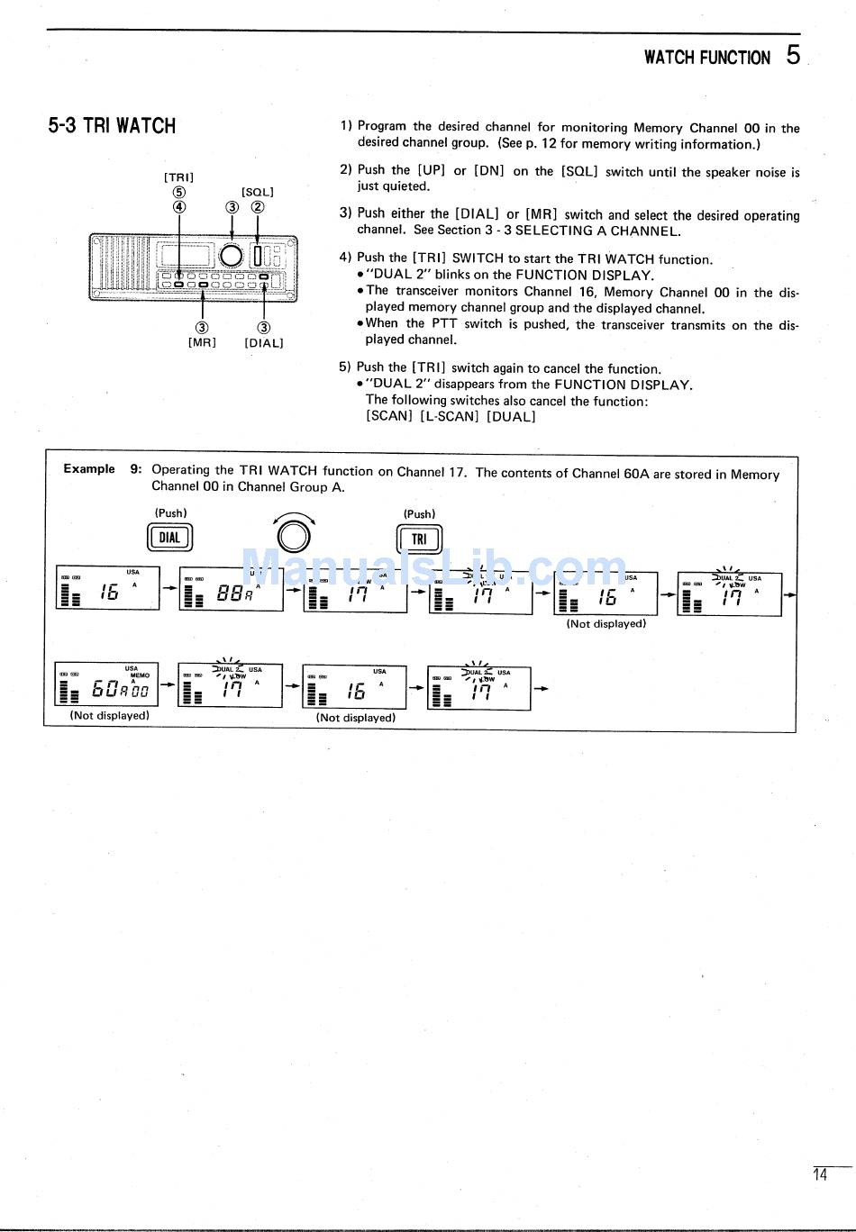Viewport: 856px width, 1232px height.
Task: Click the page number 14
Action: [819, 1174]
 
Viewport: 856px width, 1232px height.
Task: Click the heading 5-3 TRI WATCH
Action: [112, 126]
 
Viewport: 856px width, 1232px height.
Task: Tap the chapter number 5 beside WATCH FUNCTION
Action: [792, 56]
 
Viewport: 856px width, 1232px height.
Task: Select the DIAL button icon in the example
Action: [169, 539]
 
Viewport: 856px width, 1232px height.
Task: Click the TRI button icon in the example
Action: [419, 539]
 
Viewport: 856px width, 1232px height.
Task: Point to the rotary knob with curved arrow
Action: [294, 536]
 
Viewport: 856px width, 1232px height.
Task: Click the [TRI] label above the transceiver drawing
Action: [178, 177]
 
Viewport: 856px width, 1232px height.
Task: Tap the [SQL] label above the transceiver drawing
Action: [257, 192]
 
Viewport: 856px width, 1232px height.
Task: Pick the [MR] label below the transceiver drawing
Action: [202, 343]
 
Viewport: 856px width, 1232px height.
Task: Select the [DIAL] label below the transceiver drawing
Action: [263, 343]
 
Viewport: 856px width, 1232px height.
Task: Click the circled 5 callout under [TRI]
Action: [179, 192]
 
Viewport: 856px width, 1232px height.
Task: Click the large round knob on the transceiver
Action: [232, 255]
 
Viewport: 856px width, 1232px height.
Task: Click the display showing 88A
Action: [231, 590]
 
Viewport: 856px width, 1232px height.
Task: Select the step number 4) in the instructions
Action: [345, 258]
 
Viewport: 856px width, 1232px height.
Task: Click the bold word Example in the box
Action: [89, 468]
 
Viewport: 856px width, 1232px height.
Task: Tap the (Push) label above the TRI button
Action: [419, 514]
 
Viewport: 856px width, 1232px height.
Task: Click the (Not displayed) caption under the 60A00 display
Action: [110, 716]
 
